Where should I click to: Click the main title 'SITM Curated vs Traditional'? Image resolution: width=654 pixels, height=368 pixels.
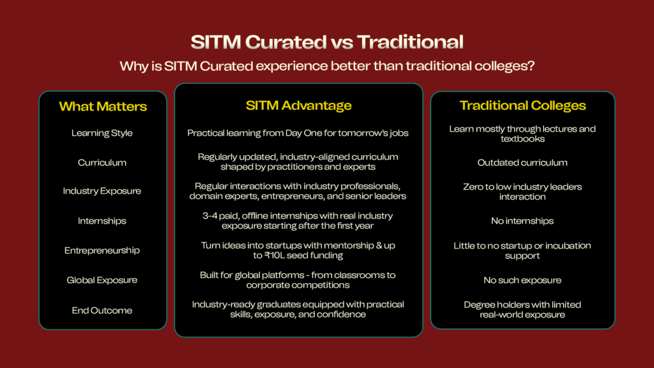(327, 42)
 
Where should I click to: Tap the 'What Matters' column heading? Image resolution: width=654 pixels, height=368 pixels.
(103, 107)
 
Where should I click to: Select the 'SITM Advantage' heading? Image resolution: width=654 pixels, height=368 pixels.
(299, 105)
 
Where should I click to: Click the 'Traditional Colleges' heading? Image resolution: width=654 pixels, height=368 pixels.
(522, 105)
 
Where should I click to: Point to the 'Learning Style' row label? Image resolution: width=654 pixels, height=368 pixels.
(102, 133)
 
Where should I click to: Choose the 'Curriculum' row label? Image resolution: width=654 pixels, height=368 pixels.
(102, 162)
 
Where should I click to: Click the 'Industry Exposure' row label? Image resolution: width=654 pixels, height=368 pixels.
(102, 191)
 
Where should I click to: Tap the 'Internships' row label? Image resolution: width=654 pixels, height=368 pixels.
(102, 220)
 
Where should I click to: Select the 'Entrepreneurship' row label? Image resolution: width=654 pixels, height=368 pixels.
(102, 250)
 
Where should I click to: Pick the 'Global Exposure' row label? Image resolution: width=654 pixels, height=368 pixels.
(102, 280)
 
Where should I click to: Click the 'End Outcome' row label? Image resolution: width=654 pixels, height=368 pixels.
(102, 310)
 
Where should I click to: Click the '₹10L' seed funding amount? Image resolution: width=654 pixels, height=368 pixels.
(274, 256)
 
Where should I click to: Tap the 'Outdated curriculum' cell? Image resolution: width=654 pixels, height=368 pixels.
(522, 162)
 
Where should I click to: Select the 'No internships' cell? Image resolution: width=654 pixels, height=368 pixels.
(522, 220)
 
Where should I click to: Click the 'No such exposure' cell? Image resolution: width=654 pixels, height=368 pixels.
(522, 280)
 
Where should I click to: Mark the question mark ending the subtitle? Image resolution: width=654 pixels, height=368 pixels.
(531, 66)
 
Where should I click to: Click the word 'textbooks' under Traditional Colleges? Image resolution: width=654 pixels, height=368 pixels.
(522, 139)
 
